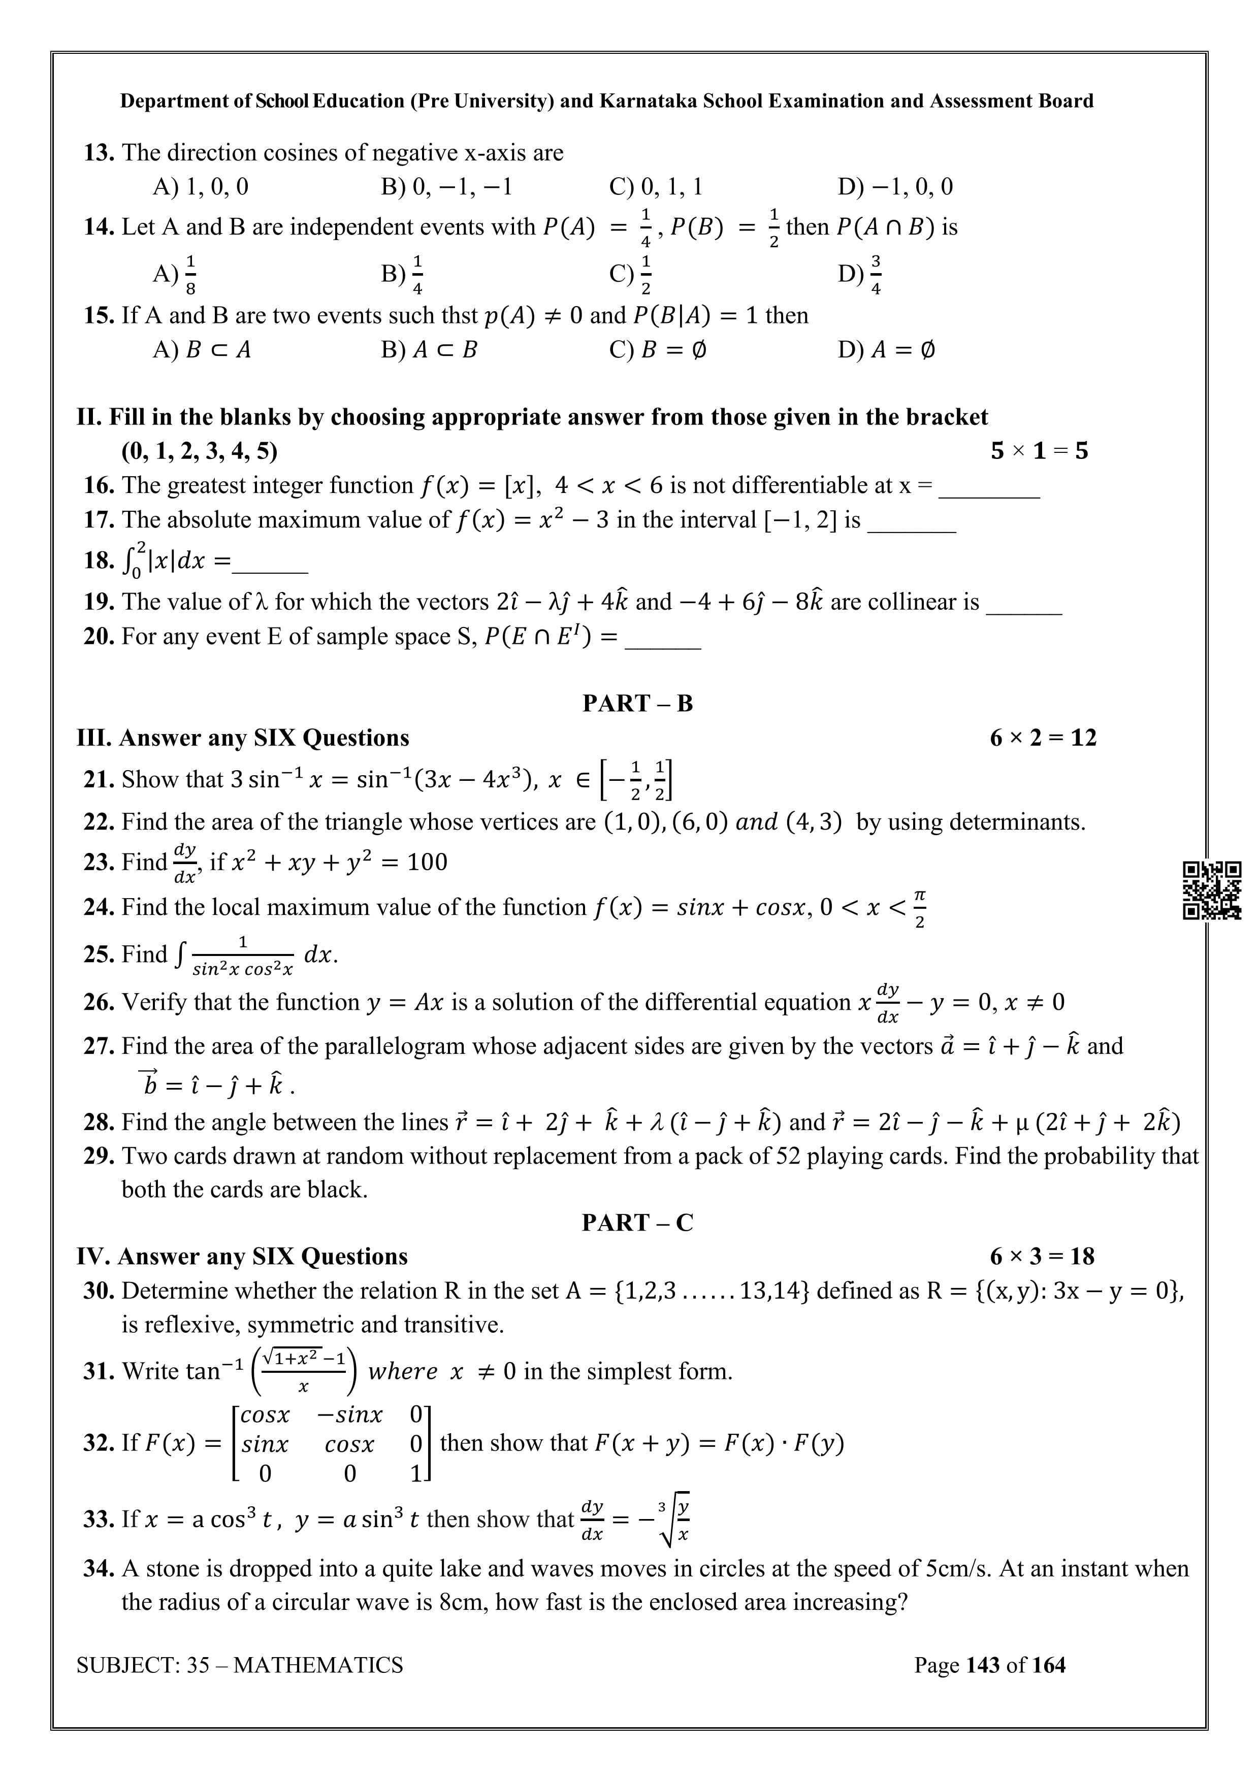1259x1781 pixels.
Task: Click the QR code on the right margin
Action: [1211, 890]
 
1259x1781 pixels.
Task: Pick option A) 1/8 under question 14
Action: [175, 274]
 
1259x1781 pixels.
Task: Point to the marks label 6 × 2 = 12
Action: [1043, 738]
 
